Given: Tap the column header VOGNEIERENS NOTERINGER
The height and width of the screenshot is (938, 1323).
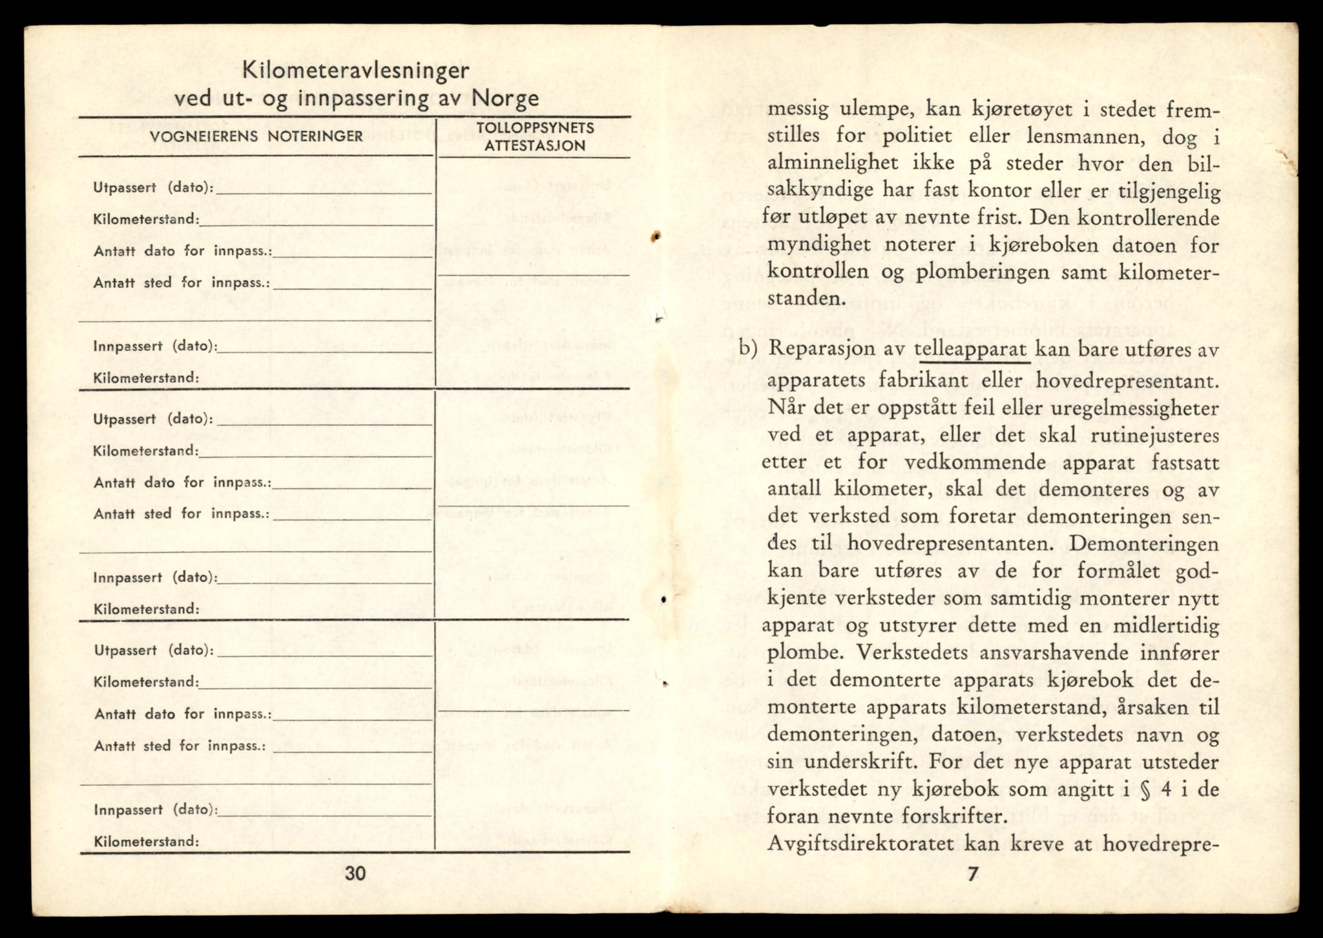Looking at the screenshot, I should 256,136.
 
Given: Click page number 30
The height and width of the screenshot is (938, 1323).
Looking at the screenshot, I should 355,873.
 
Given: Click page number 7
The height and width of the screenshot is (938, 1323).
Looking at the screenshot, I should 972,873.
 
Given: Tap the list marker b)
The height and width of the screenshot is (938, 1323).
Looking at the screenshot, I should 747,349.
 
